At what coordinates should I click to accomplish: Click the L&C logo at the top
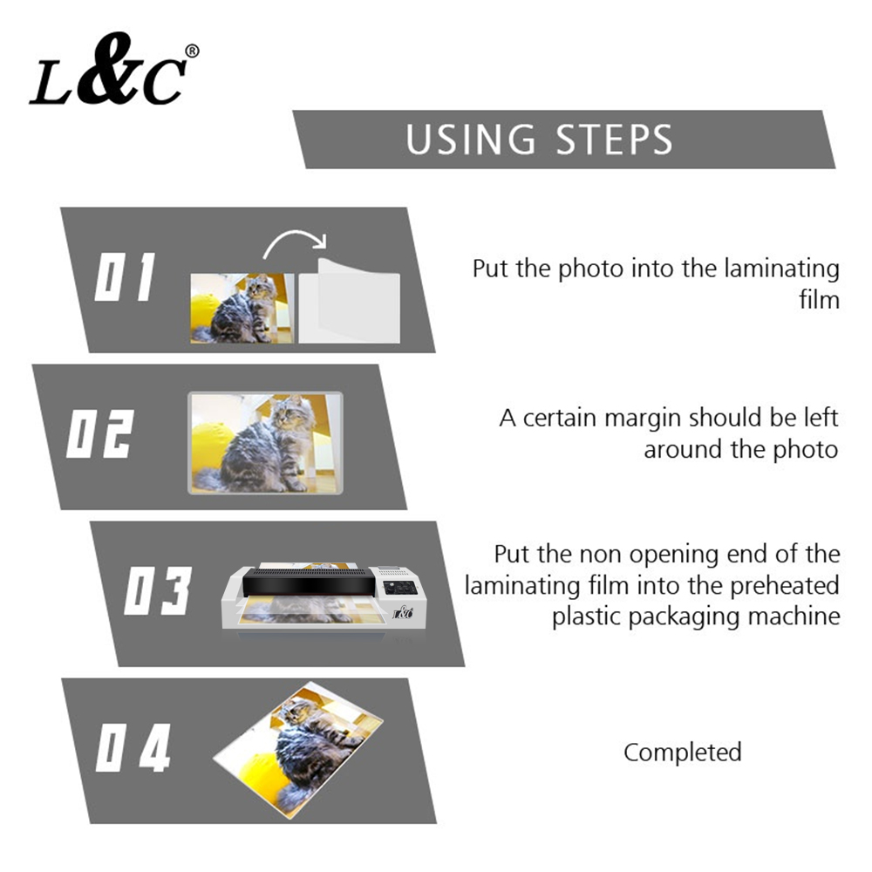[106, 72]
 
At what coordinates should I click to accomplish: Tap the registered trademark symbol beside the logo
[192, 51]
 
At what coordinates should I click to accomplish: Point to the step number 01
[125, 279]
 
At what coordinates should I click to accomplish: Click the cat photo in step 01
[242, 308]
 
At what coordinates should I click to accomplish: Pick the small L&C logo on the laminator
[402, 613]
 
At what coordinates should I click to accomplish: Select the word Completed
[682, 752]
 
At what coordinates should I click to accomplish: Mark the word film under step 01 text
[819, 301]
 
